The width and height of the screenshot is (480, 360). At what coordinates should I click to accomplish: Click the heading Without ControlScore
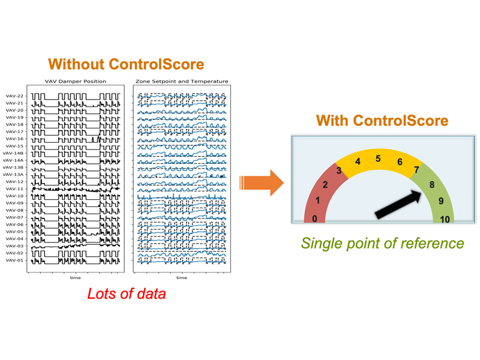[125, 64]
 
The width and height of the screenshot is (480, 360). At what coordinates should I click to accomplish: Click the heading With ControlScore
[382, 121]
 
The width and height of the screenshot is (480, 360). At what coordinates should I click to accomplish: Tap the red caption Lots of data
[125, 294]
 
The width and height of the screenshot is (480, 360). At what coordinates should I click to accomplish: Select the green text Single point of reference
[382, 243]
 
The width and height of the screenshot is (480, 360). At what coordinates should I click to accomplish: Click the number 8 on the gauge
[431, 185]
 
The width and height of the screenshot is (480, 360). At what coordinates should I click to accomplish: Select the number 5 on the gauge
[378, 159]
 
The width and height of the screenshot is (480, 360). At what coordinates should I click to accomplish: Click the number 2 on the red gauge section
[325, 185]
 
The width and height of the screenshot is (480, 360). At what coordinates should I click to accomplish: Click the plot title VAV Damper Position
[76, 81]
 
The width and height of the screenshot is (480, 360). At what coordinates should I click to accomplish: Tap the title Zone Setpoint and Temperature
[182, 81]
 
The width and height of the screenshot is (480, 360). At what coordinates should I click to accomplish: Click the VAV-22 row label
[14, 96]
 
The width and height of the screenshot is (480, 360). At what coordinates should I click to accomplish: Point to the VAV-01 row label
[14, 260]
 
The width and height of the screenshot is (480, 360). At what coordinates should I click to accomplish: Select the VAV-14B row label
[13, 153]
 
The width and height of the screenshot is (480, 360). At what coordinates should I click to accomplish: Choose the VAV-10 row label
[14, 196]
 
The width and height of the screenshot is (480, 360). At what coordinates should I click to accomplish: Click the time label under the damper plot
[75, 278]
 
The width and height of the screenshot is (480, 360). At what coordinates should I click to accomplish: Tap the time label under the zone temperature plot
[181, 278]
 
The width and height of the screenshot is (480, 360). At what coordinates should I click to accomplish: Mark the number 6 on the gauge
[400, 162]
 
